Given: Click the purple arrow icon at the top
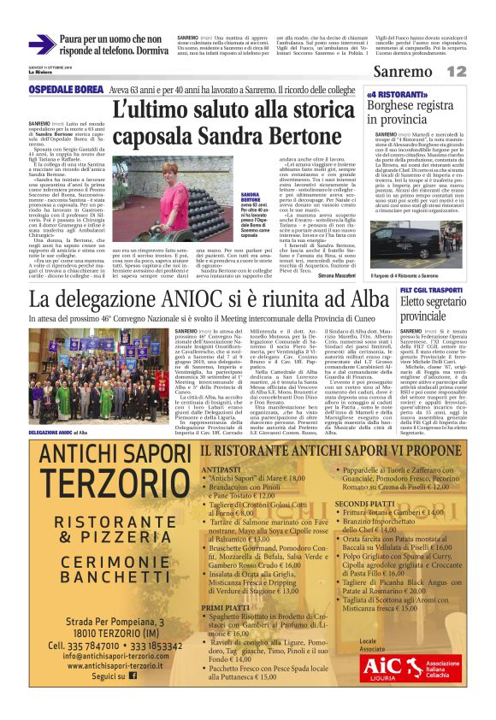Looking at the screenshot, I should pos(42,44).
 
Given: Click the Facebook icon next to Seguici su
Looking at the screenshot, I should pos(132,699).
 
